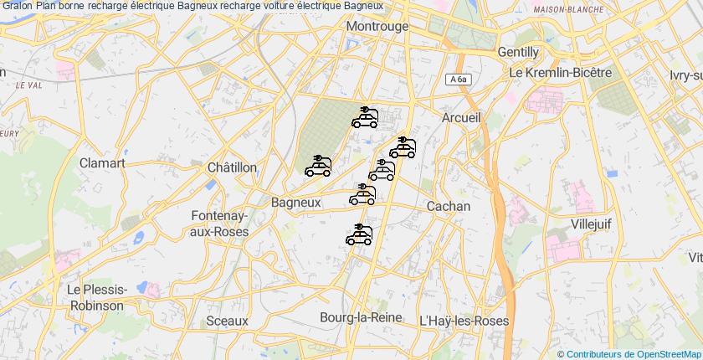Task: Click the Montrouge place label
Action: [377, 27]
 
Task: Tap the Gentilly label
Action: [518, 52]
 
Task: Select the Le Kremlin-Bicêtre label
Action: [561, 73]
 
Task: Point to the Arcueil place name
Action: [461, 118]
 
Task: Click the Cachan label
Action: [449, 206]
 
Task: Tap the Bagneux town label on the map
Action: [296, 203]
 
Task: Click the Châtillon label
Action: [232, 167]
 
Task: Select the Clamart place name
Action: [102, 163]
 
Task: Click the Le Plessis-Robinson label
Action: [95, 297]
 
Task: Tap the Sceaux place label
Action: [227, 321]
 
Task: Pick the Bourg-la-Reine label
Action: [361, 317]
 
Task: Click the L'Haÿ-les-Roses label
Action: [463, 321]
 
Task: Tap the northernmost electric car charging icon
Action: [365, 117]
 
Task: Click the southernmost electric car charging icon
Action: [359, 234]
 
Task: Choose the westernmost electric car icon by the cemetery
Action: [318, 167]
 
